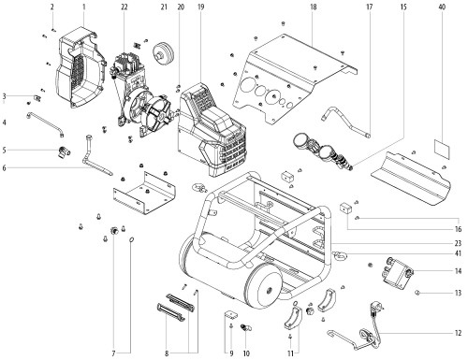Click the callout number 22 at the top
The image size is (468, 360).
pyautogui.click(x=124, y=7)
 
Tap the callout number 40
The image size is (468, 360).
pyautogui.click(x=442, y=7)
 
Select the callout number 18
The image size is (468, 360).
pyautogui.click(x=314, y=7)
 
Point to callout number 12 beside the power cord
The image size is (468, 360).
pyautogui.click(x=458, y=333)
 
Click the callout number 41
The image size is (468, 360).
pyautogui.click(x=458, y=253)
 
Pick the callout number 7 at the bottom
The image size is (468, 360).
pyautogui.click(x=113, y=353)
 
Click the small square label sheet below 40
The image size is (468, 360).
pyautogui.click(x=443, y=149)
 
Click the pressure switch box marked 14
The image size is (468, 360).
pyautogui.click(x=398, y=273)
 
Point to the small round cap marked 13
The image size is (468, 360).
pyautogui.click(x=417, y=293)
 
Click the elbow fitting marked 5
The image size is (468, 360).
pyautogui.click(x=64, y=151)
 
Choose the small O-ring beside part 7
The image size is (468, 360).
pyautogui.click(x=132, y=239)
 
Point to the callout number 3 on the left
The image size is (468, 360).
pyautogui.click(x=4, y=96)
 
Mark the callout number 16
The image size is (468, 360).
pyautogui.click(x=458, y=229)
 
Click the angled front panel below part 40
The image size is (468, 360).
pyautogui.click(x=411, y=179)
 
